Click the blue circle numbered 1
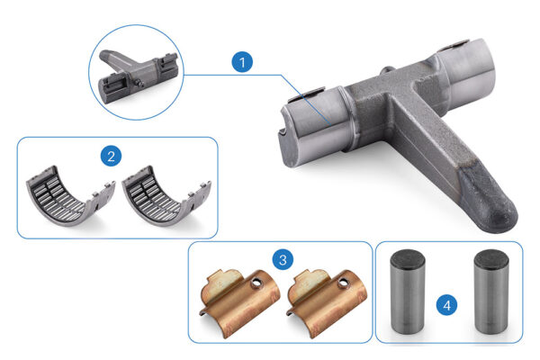coord(242,62)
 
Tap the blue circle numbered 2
coord(111,156)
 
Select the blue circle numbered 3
coord(283,259)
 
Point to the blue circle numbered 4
coord(447,305)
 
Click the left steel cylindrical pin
coord(408,291)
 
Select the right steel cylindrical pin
coord(491,291)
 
